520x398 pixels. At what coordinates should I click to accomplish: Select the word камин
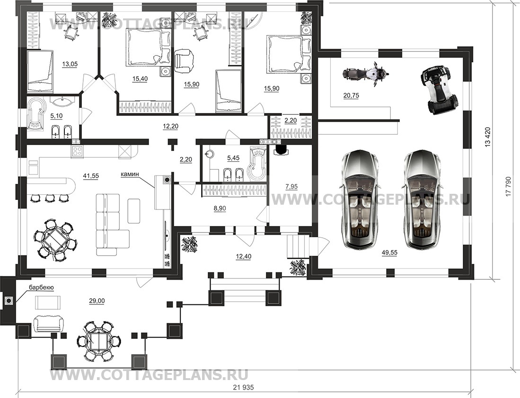[130, 174]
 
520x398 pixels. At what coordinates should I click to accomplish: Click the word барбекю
[41, 287]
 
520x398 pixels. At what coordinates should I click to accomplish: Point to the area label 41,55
[90, 176]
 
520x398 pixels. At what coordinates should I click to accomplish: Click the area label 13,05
[70, 64]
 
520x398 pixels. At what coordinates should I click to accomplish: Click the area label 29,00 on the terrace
[97, 301]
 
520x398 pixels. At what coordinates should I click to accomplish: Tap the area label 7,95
[291, 187]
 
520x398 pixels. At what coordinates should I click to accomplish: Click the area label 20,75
[351, 96]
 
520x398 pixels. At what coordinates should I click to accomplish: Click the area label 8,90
[220, 208]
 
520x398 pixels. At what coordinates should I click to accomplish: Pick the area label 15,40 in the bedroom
[140, 79]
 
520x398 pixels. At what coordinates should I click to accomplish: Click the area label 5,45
[233, 158]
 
